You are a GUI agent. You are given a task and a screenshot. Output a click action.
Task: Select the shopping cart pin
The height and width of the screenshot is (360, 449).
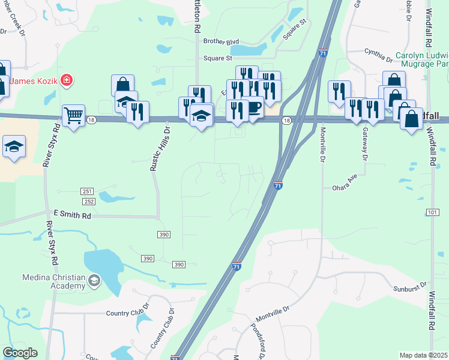tap(73, 114)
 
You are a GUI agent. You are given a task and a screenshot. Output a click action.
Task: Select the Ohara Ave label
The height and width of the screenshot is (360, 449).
tap(345, 187)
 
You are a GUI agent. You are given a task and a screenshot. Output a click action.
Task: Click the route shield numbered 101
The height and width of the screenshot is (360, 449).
tap(433, 213)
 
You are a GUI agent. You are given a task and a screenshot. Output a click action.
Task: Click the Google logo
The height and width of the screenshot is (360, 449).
tap(20, 352)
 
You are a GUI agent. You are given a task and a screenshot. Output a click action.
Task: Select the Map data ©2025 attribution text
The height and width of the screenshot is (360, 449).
tap(423, 355)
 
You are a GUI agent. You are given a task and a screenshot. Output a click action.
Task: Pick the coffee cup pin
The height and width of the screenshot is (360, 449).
tap(253, 107)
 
